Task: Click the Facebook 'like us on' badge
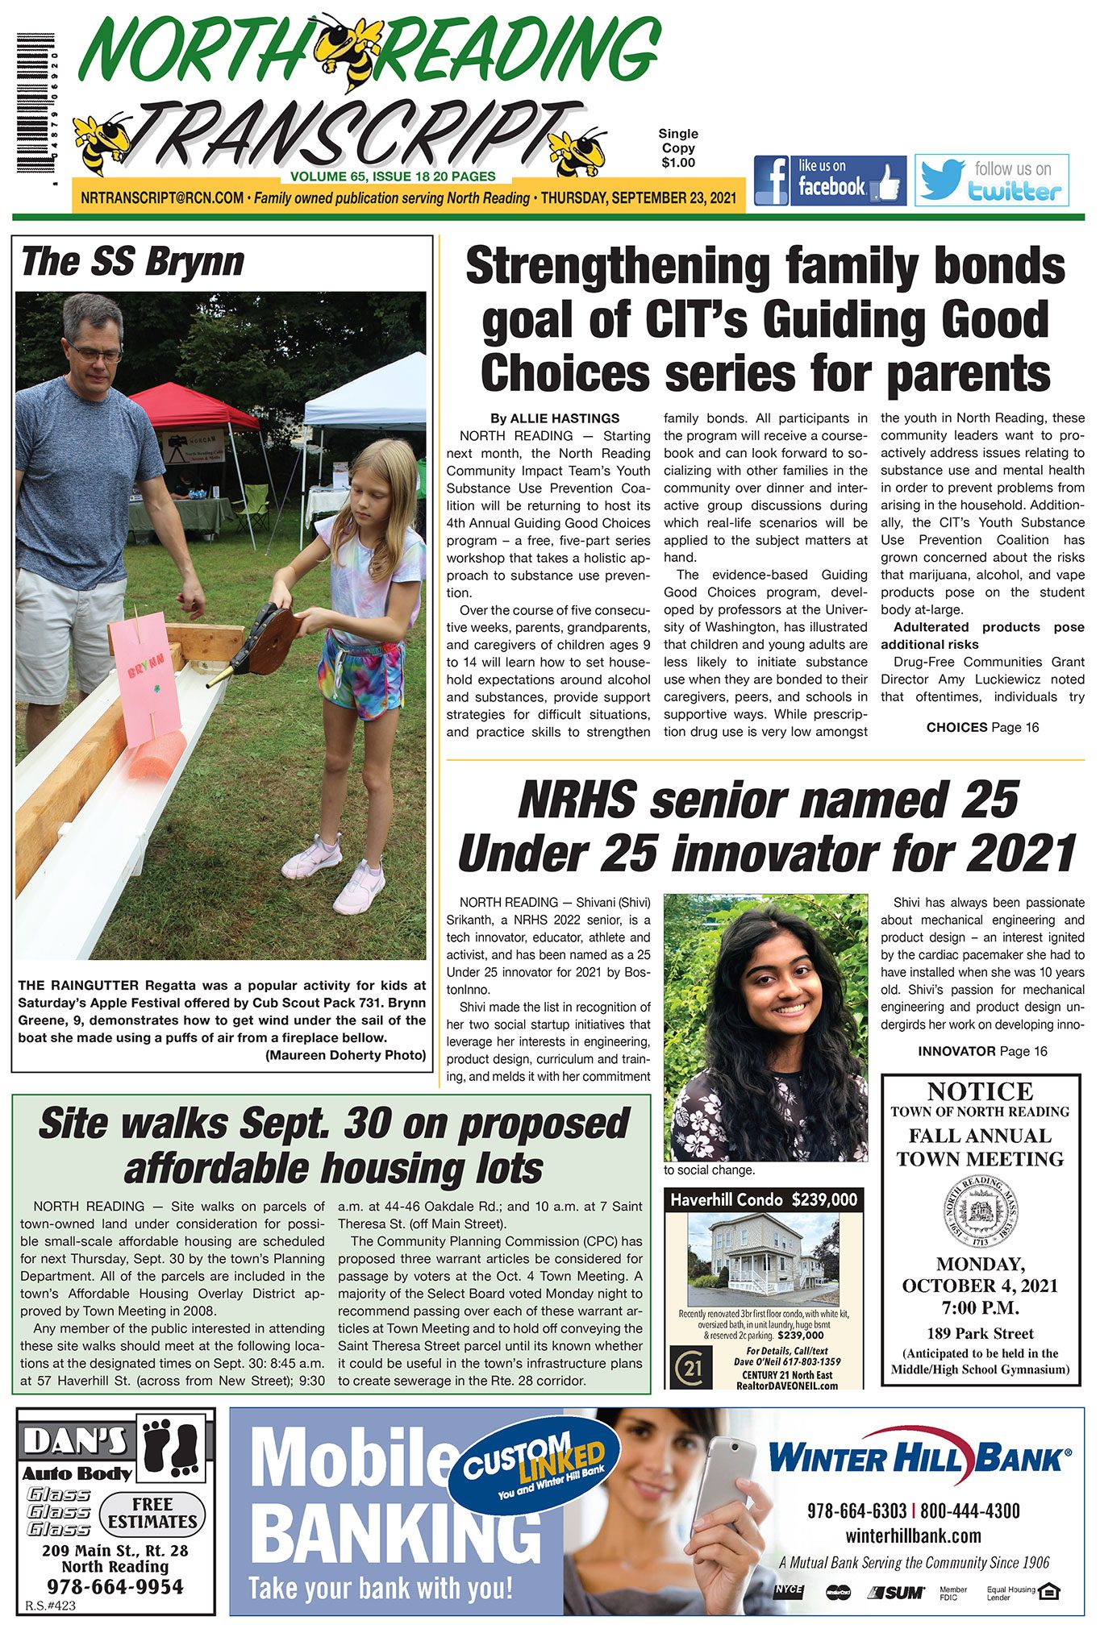click(x=830, y=181)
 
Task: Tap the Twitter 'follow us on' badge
click(x=991, y=181)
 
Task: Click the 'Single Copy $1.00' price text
click(x=678, y=148)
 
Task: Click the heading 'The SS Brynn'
click(x=132, y=263)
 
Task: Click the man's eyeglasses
click(x=95, y=352)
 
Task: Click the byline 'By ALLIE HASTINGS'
click(x=555, y=418)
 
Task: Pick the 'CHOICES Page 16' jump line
click(x=982, y=727)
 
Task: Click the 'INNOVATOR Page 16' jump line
click(x=982, y=1051)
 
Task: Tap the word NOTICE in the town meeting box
click(x=980, y=1091)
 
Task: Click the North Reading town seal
click(x=980, y=1211)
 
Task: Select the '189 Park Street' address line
click(x=980, y=1334)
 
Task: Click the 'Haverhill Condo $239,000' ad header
click(x=763, y=1200)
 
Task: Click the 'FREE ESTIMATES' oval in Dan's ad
click(x=152, y=1514)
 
